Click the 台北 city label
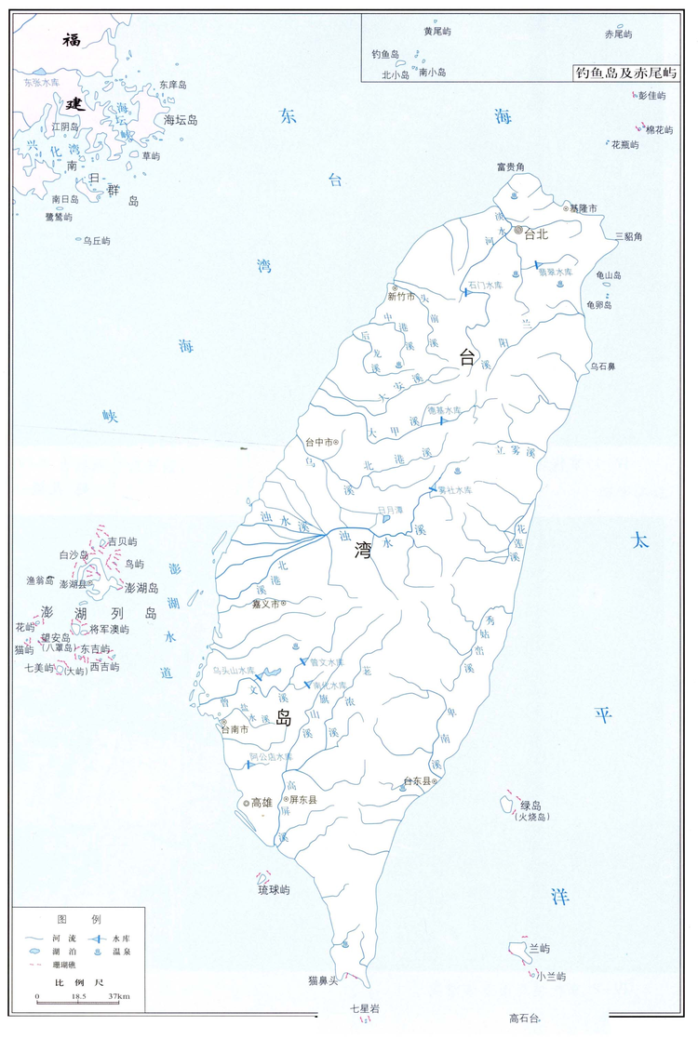point(536,234)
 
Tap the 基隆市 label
point(584,208)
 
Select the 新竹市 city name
point(401,297)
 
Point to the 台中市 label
point(319,442)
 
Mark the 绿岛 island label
point(531,806)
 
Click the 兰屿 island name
point(539,949)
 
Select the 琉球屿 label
point(274,890)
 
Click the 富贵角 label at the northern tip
point(510,167)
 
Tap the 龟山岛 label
point(604,275)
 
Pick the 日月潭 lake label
point(366,509)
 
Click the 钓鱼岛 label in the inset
point(385,54)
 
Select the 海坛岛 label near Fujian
point(181,120)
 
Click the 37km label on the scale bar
point(118,996)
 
